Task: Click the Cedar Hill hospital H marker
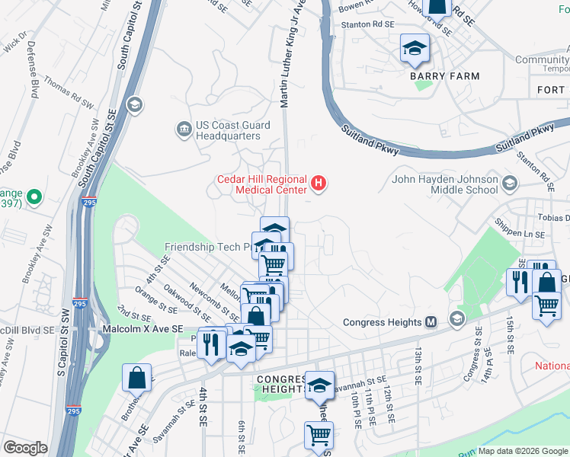319,184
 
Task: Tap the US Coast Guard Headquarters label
229,130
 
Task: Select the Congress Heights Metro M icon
431,322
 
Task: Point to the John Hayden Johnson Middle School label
447,185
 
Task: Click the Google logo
25,448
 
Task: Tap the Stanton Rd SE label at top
367,24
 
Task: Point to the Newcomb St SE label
210,302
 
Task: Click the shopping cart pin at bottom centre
319,435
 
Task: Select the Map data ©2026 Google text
523,451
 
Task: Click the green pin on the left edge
33,199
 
